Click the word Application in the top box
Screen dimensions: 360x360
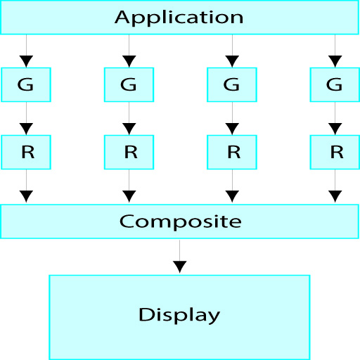[x=179, y=18]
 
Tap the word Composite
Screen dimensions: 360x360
[x=180, y=221]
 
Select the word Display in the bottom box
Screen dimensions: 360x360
[x=179, y=316]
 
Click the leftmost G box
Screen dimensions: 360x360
[x=26, y=84]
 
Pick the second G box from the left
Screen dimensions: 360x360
[x=129, y=84]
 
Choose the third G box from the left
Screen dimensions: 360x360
[x=232, y=84]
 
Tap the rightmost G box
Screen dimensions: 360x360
[x=335, y=84]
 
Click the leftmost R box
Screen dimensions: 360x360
[x=26, y=152]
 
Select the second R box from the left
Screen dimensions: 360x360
[x=129, y=152]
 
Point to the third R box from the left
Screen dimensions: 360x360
[x=232, y=152]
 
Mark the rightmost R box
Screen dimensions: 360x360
[x=335, y=152]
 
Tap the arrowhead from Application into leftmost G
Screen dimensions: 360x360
[x=26, y=61]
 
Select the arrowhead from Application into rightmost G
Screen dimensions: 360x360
[x=335, y=61]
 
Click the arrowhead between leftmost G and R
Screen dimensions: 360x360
[x=26, y=129]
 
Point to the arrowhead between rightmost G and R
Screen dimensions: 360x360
[x=335, y=129]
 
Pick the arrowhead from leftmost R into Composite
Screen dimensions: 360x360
[x=26, y=196]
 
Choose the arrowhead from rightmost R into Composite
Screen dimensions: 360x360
[x=335, y=196]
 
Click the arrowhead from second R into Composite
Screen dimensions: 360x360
[x=129, y=196]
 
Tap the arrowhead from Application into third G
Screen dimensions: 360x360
[x=232, y=61]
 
